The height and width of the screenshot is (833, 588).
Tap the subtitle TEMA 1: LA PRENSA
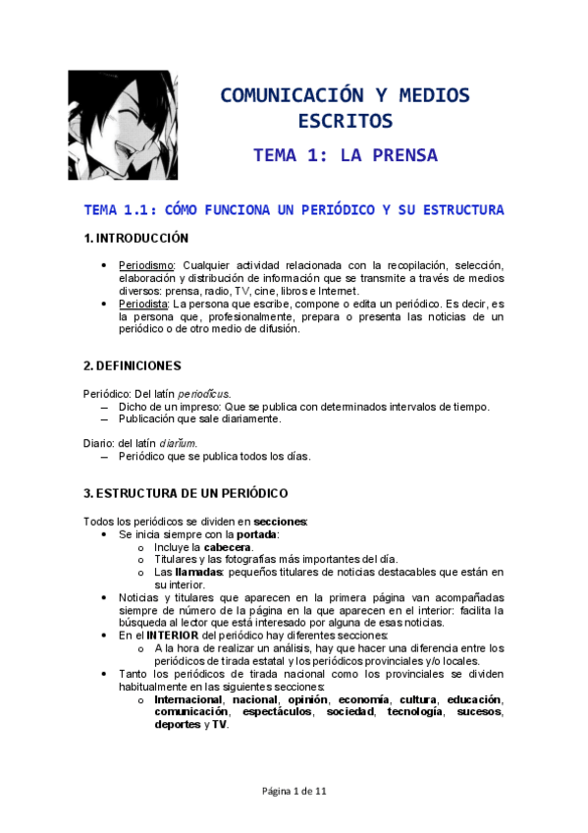[x=345, y=155]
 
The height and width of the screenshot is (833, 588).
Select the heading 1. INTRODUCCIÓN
[x=135, y=238]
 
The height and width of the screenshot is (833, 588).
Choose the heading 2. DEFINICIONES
[x=133, y=365]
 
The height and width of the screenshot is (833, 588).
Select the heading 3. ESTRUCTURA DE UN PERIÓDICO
[x=185, y=492]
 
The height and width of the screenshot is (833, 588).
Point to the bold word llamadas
[x=196, y=572]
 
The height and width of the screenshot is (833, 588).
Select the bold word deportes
[x=177, y=724]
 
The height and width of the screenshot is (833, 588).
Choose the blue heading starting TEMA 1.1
[x=294, y=209]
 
